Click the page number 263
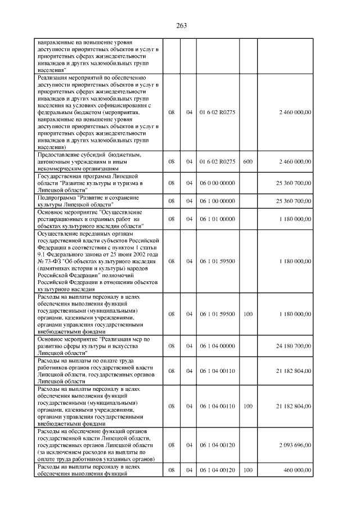pyautogui.click(x=181, y=25)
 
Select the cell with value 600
pyautogui.click(x=247, y=162)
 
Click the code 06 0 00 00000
pyautogui.click(x=217, y=183)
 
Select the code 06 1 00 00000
pyautogui.click(x=217, y=201)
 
